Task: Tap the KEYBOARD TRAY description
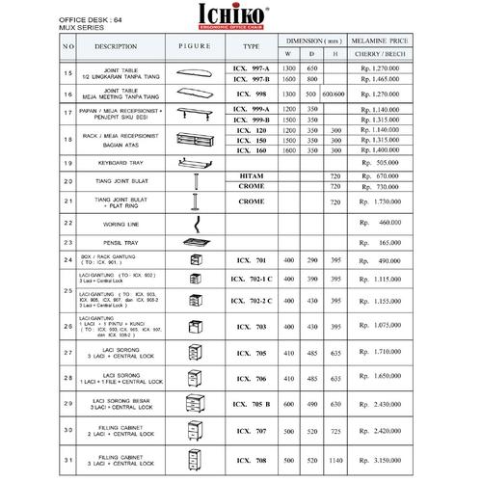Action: [122, 164]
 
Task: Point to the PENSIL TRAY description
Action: [122, 241]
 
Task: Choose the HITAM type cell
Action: [252, 176]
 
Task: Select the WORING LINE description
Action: [122, 222]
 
